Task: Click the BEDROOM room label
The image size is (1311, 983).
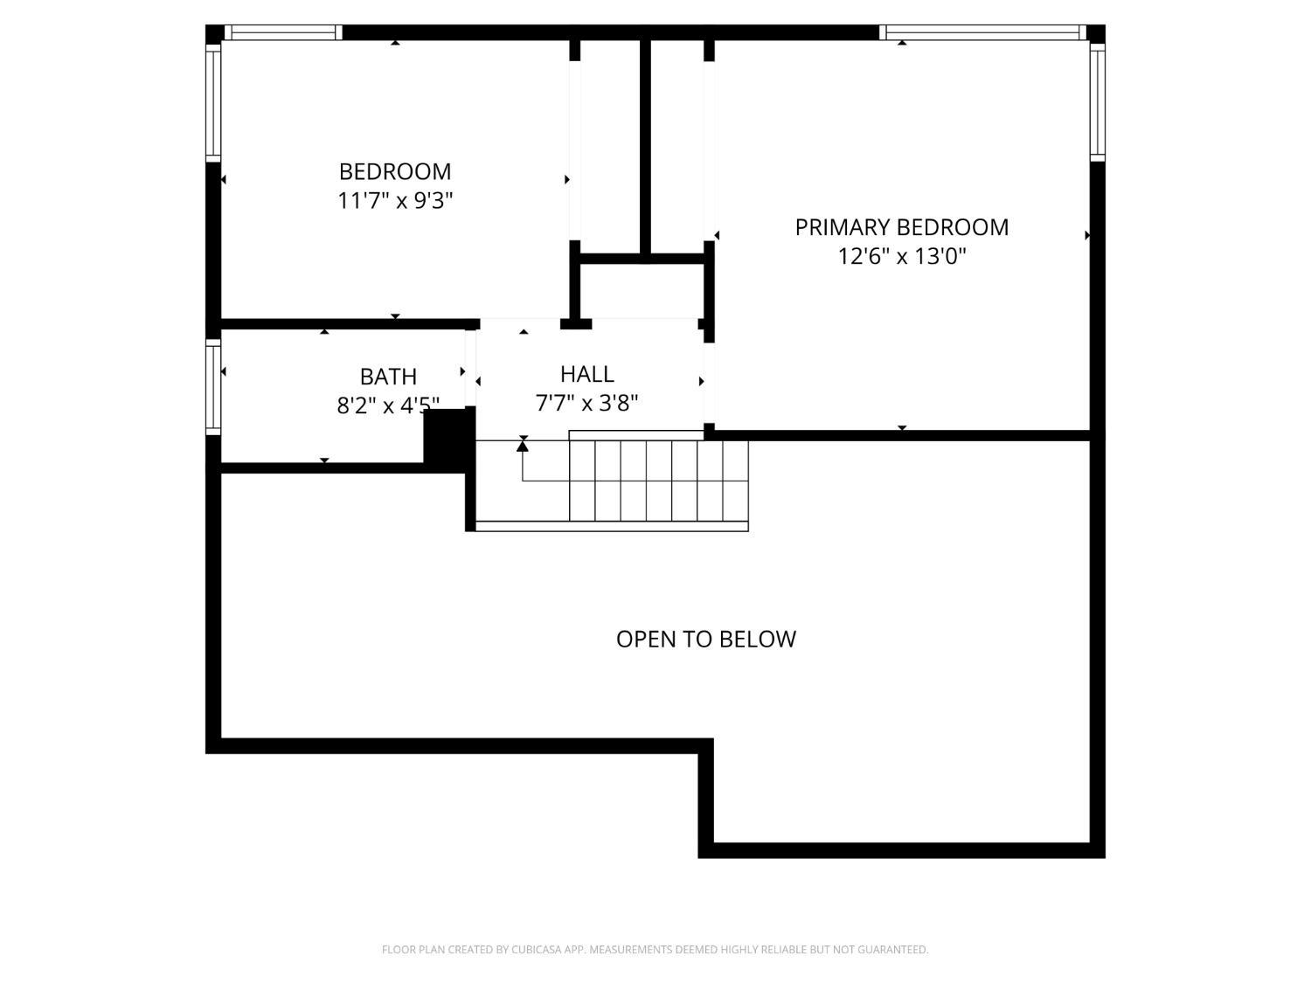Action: tap(395, 172)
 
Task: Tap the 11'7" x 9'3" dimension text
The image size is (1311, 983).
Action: tap(395, 201)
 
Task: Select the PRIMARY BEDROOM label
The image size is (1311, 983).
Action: tap(902, 227)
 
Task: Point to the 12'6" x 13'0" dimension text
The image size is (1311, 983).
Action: tap(902, 257)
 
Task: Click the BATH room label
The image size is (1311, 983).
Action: tap(388, 377)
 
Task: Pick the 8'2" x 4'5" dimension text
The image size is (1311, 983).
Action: tap(388, 405)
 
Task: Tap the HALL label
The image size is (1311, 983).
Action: tap(587, 374)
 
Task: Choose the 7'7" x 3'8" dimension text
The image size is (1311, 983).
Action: tap(587, 404)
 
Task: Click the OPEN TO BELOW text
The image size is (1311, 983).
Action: tap(706, 640)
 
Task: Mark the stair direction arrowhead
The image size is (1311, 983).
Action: tap(523, 445)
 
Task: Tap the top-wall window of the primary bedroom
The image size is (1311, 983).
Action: tap(983, 33)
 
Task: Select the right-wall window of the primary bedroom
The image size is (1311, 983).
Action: tap(1097, 101)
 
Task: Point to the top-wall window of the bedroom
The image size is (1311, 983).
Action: tap(283, 33)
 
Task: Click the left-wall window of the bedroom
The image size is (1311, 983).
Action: tap(213, 102)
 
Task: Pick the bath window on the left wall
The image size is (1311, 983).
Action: tap(213, 387)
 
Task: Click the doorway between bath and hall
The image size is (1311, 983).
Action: tap(470, 368)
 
